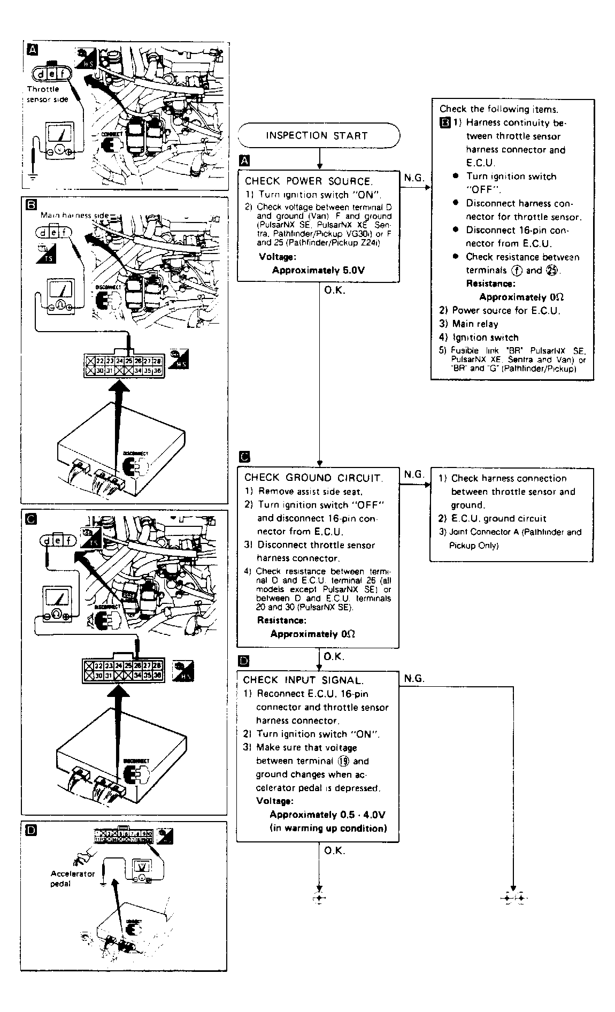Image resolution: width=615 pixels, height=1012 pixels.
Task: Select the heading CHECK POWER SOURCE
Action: (308, 181)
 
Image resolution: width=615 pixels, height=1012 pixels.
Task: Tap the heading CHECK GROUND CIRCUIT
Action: (313, 478)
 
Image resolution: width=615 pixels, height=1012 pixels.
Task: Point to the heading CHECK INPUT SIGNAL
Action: (303, 680)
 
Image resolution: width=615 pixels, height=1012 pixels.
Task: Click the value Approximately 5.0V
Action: (318, 270)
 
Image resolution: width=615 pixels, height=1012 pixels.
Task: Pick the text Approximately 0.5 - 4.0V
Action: (327, 815)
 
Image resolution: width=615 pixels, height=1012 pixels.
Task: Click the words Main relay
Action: (475, 324)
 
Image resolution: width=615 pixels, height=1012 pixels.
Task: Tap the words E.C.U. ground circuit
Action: (498, 518)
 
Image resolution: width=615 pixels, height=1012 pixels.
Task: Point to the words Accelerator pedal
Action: (72, 878)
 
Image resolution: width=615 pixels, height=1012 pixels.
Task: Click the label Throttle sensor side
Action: (47, 94)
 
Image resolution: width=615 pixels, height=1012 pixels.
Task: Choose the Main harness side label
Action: (74, 216)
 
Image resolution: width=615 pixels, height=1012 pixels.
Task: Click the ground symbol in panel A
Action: (33, 175)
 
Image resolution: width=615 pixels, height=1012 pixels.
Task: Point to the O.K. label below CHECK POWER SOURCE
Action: (335, 291)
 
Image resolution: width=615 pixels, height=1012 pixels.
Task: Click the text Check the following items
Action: (499, 109)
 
